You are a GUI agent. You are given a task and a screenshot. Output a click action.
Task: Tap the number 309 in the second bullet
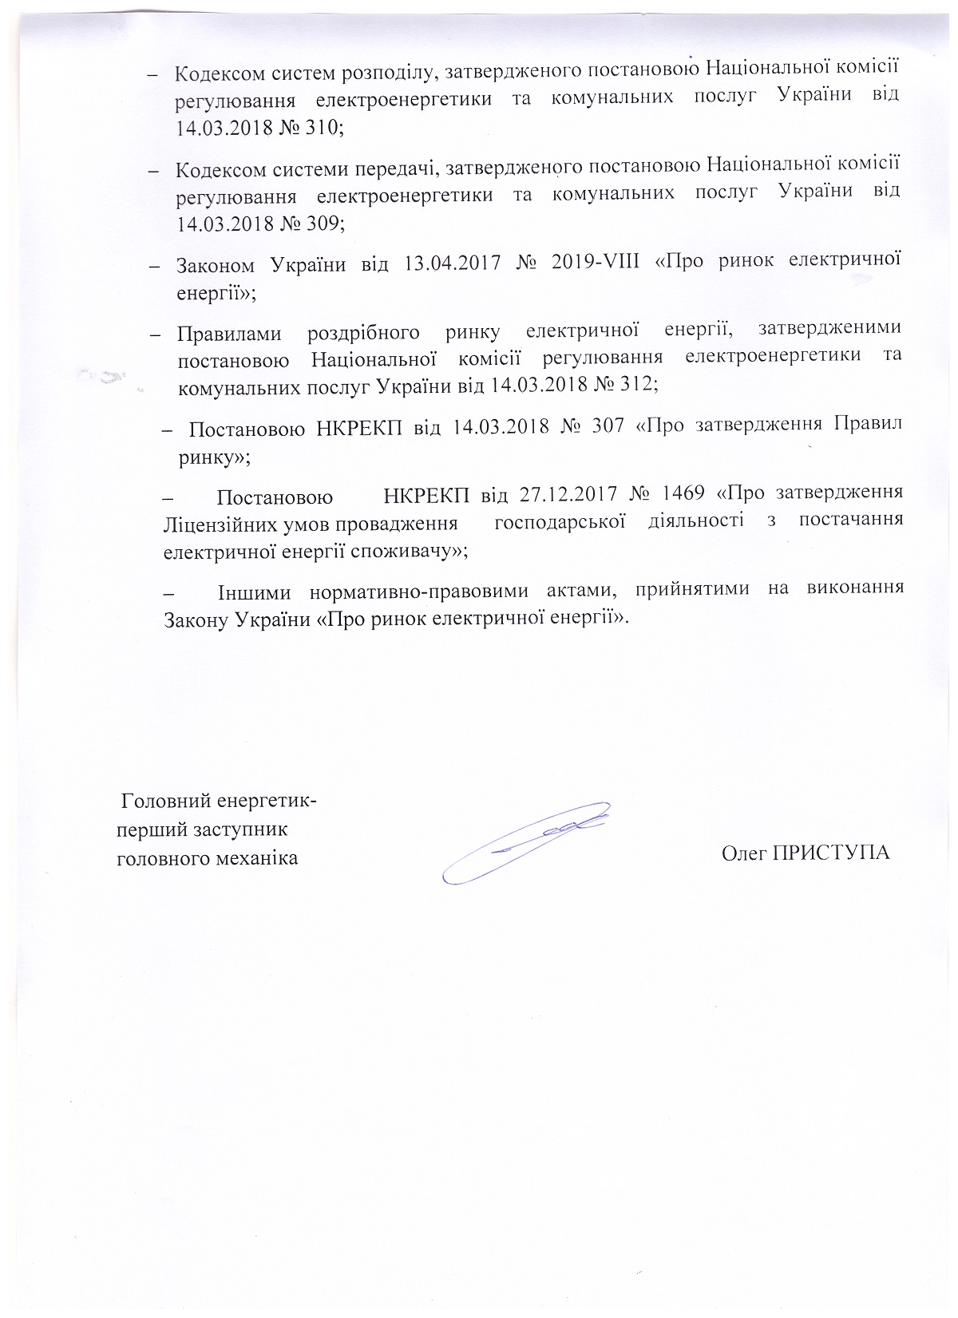click(319, 224)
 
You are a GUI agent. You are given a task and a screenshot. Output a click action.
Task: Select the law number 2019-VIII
click(596, 264)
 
